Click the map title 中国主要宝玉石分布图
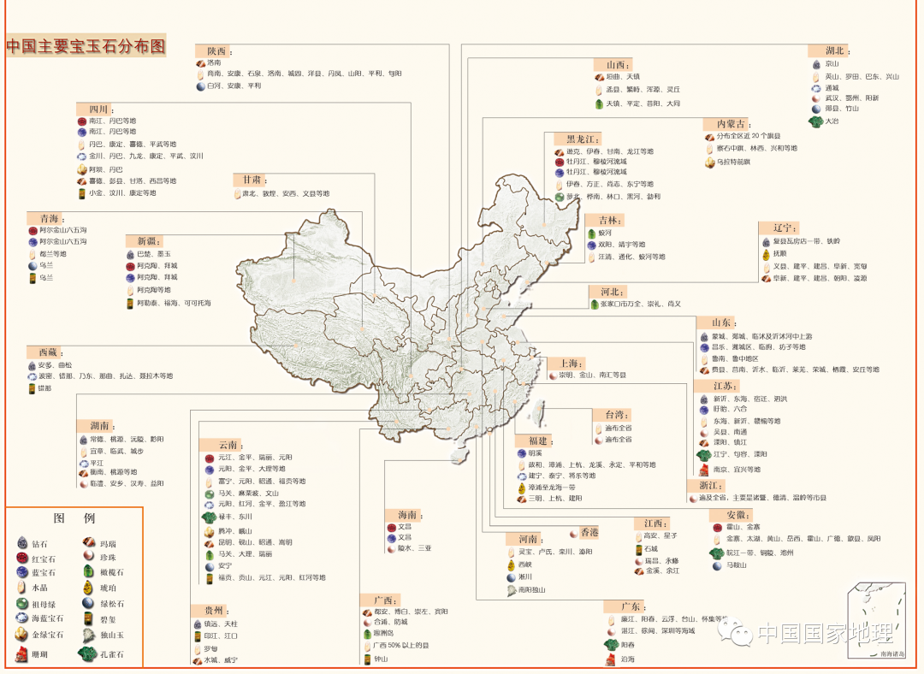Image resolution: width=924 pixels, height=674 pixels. (86, 46)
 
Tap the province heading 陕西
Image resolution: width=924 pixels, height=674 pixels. (214, 51)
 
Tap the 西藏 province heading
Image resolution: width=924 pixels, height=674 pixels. (47, 352)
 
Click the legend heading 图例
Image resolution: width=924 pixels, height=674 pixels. (74, 518)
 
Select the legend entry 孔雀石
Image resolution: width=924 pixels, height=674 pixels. (111, 654)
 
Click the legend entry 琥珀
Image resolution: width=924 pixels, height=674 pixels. (111, 588)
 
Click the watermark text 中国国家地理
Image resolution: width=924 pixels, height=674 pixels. (825, 634)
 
